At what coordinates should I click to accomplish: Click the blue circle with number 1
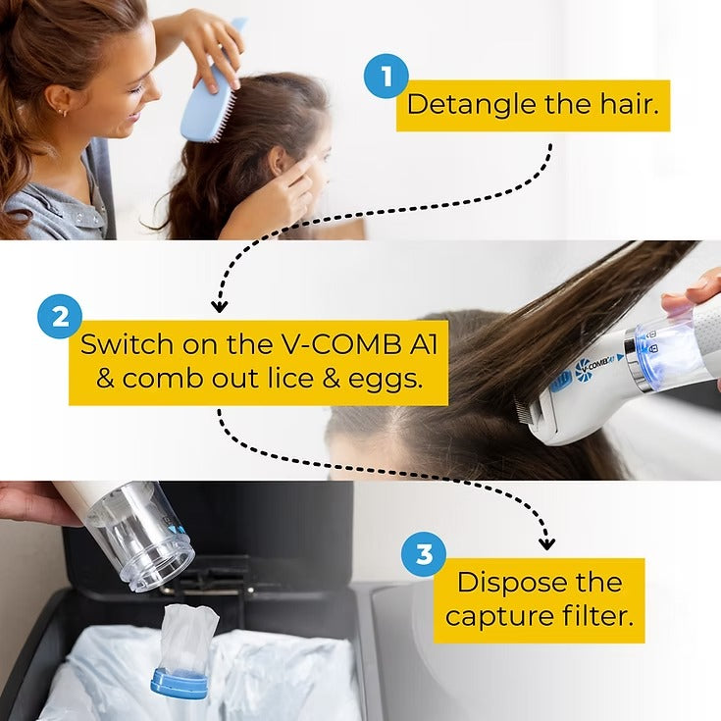(386, 77)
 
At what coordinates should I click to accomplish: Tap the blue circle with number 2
(59, 318)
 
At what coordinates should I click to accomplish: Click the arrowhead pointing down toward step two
(220, 304)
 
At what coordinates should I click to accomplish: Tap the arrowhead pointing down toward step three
(546, 541)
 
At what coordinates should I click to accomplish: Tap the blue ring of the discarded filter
(180, 683)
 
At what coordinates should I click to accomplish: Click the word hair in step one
(625, 105)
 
